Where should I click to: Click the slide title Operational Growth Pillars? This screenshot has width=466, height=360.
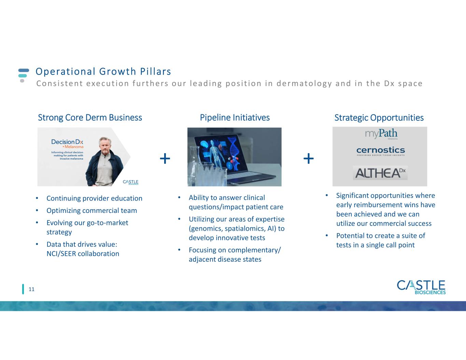click(x=103, y=72)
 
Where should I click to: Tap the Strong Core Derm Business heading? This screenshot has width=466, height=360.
click(x=90, y=118)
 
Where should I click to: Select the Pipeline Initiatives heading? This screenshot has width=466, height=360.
click(x=235, y=118)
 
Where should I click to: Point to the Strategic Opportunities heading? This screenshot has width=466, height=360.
click(x=379, y=118)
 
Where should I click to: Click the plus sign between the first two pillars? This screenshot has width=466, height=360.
click(x=165, y=159)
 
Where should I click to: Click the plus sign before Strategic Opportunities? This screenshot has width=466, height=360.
click(x=309, y=159)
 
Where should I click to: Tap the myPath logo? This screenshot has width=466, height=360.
click(x=381, y=134)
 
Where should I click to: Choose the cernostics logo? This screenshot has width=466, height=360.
click(x=381, y=151)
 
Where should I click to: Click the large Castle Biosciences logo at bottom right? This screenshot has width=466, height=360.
click(x=421, y=287)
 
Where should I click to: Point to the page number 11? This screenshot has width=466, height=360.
click(x=31, y=289)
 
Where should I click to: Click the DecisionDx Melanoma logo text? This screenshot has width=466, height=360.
click(x=67, y=144)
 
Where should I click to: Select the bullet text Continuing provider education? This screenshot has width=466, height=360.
click(x=94, y=199)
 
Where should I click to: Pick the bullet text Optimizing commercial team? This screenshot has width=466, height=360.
click(x=91, y=211)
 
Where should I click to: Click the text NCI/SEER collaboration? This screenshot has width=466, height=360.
click(x=83, y=254)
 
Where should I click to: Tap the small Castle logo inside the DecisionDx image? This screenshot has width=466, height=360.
click(x=131, y=182)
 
